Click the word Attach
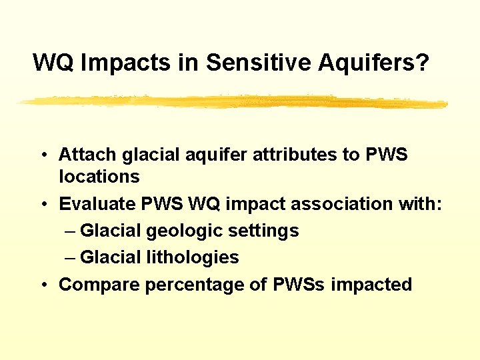[x=87, y=155]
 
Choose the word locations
[x=99, y=177]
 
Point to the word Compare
[x=99, y=285]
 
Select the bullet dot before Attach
[x=43, y=155]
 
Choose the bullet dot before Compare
[x=43, y=285]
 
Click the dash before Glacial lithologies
[x=71, y=258]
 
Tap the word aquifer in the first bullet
[x=203, y=155]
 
